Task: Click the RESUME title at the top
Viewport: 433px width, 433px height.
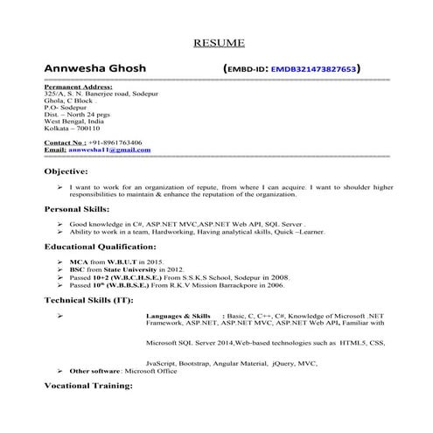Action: (218, 43)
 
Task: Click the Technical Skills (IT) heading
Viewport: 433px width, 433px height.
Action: (89, 299)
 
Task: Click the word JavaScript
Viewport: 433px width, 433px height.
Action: (163, 362)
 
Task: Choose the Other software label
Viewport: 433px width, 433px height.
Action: (94, 371)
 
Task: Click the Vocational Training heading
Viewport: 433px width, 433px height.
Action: (91, 386)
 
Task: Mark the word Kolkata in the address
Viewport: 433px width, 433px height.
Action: (56, 129)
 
